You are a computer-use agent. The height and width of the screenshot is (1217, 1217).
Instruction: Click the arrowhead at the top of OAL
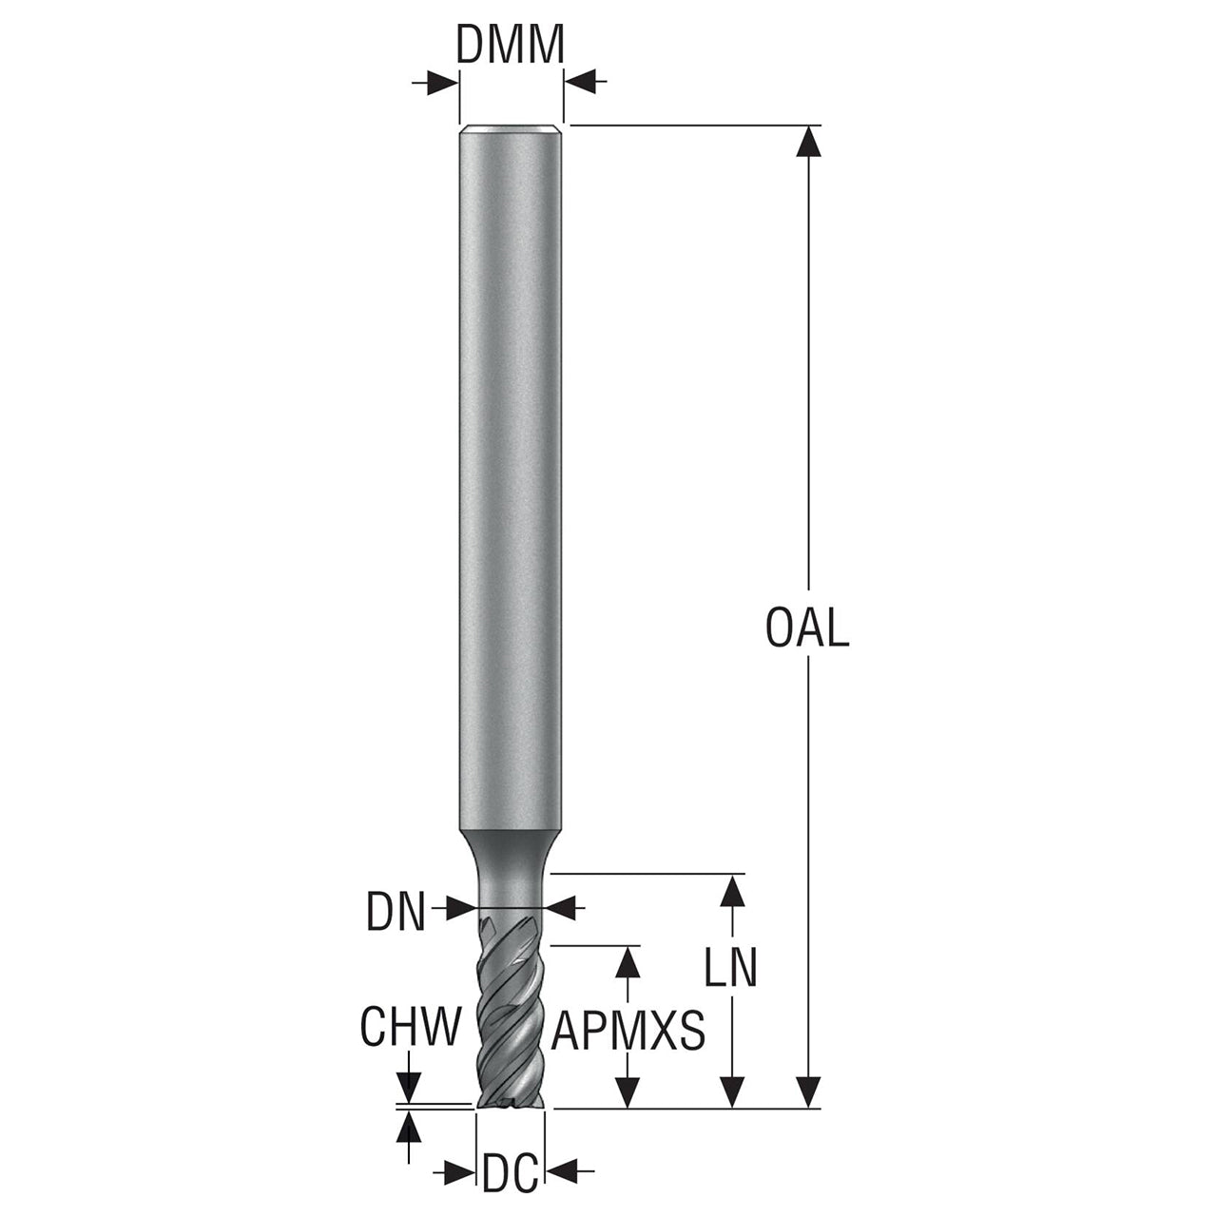pos(808,141)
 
